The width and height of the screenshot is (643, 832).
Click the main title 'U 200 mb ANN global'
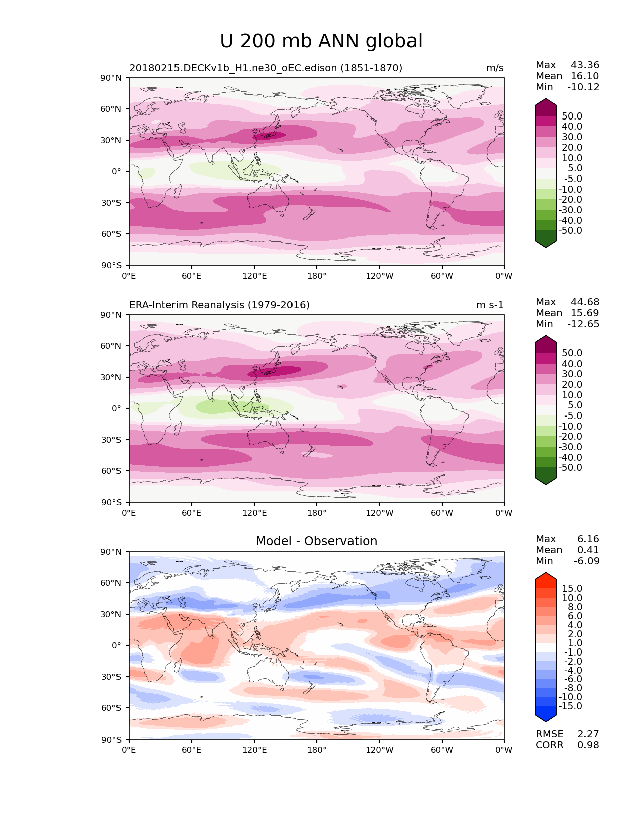click(321, 41)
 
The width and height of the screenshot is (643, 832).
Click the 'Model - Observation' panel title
click(316, 541)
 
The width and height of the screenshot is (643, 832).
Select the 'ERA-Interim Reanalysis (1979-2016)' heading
click(219, 305)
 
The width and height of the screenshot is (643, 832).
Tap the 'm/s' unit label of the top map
click(495, 68)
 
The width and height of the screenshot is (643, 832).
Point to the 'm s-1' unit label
click(490, 305)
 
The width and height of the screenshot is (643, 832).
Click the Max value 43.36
click(585, 65)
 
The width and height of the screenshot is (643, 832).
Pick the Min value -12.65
click(583, 324)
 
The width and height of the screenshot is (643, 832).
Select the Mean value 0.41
click(588, 550)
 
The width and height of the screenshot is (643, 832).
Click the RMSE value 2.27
click(588, 734)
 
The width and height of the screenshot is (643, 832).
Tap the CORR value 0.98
click(588, 745)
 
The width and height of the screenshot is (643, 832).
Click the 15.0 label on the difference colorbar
click(572, 589)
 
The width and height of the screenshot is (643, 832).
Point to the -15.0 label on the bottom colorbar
click(570, 706)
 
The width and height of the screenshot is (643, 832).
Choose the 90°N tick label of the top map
click(111, 78)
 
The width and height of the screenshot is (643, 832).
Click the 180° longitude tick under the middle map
click(317, 513)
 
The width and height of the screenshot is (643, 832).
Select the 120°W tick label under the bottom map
click(379, 750)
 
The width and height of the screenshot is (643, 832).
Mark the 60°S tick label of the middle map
click(111, 471)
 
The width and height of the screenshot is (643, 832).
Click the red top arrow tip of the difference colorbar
click(546, 576)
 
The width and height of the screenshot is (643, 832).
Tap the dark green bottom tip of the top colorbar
click(546, 244)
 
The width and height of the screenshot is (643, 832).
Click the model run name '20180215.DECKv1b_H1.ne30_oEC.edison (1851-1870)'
click(266, 68)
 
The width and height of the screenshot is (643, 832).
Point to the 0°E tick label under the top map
click(129, 276)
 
